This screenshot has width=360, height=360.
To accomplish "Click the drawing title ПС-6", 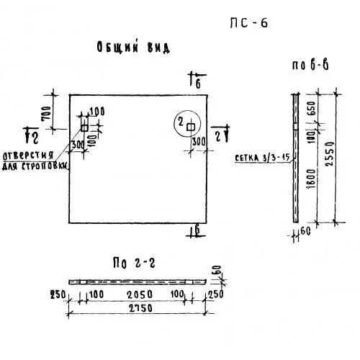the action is coord(248,23).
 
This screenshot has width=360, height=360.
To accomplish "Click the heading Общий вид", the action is coord(133,47).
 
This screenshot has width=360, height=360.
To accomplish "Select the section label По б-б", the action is coord(310,65).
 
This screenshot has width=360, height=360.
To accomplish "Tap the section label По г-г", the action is coord(134,263).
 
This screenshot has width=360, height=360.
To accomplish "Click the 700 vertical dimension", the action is coord(47,113).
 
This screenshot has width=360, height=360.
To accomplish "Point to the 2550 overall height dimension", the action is coord(330,153).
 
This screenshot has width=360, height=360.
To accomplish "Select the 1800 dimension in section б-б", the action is coord(312,179).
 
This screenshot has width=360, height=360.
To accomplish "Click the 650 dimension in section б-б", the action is coord(311,108).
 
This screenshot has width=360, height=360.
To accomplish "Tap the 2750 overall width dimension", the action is coord(140,308).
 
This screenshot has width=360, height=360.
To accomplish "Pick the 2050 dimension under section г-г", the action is coord(140,294).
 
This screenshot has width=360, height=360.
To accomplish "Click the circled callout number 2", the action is coord(181,122).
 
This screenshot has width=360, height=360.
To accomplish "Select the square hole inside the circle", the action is coord(191,127).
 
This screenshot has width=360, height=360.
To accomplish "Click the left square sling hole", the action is coord(84,127).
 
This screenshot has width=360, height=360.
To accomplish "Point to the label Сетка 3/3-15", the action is coord(262,158).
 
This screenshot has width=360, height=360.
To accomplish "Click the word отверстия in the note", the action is coord(28,156).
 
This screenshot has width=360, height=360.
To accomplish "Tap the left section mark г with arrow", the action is coord(32,135).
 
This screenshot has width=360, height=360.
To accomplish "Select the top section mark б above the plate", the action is coord(197,80).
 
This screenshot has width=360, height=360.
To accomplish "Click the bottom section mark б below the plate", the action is coord(197,231).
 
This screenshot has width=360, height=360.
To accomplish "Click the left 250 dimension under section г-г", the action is coord(58,294).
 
